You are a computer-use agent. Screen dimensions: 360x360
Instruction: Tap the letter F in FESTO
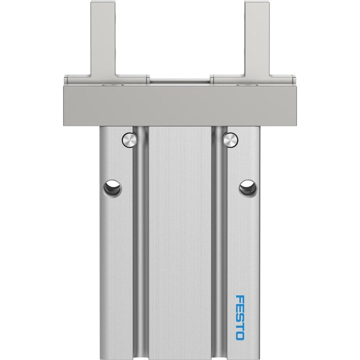240,299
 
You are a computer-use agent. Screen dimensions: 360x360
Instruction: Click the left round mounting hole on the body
112,189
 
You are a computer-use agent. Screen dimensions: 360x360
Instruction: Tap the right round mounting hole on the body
248,189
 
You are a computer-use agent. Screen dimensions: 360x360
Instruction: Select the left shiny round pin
130,140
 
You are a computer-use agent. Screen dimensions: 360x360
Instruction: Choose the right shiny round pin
230,140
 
